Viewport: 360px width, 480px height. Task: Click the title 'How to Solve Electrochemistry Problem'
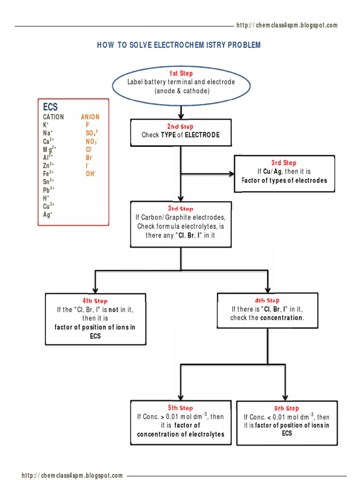pos(179,45)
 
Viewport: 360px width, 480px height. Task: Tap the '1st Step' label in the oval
pos(181,74)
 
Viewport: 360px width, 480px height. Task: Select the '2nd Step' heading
pos(180,127)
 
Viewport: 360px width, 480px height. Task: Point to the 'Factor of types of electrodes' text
pos(284,180)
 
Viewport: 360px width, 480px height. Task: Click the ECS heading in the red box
pos(50,107)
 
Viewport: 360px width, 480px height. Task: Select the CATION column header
pos(53,117)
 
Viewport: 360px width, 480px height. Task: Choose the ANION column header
pos(90,117)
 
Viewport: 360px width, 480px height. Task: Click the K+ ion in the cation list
pos(46,125)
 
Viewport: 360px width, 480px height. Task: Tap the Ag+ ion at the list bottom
pos(47,215)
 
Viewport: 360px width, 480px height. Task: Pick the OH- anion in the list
pos(90,173)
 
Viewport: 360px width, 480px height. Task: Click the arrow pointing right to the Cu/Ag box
pos(231,174)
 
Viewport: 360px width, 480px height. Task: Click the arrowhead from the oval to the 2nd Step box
pos(181,115)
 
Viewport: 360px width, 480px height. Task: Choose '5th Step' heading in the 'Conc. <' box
pos(286,409)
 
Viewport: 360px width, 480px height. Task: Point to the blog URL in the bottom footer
pos(72,475)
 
